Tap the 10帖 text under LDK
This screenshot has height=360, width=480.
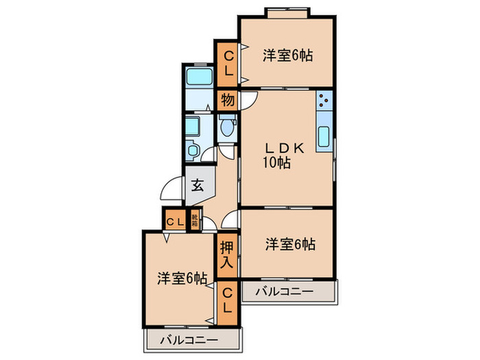click(x=276, y=163)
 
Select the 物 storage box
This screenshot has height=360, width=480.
click(x=228, y=100)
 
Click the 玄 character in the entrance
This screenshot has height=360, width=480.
click(x=197, y=184)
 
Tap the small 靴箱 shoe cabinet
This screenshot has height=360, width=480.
click(x=195, y=220)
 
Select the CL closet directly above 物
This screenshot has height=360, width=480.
click(x=228, y=62)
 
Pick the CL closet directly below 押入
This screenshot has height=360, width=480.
click(x=227, y=302)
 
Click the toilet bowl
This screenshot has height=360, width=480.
click(x=227, y=128)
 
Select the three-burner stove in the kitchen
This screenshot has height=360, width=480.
click(x=324, y=103)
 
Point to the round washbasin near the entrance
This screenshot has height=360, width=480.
click(x=193, y=150)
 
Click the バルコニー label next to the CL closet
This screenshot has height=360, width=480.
click(x=285, y=292)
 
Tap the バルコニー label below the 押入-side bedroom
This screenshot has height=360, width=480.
click(x=189, y=339)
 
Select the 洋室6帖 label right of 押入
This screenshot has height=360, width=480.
click(x=290, y=243)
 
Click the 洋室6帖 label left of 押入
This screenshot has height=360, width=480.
click(x=182, y=278)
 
